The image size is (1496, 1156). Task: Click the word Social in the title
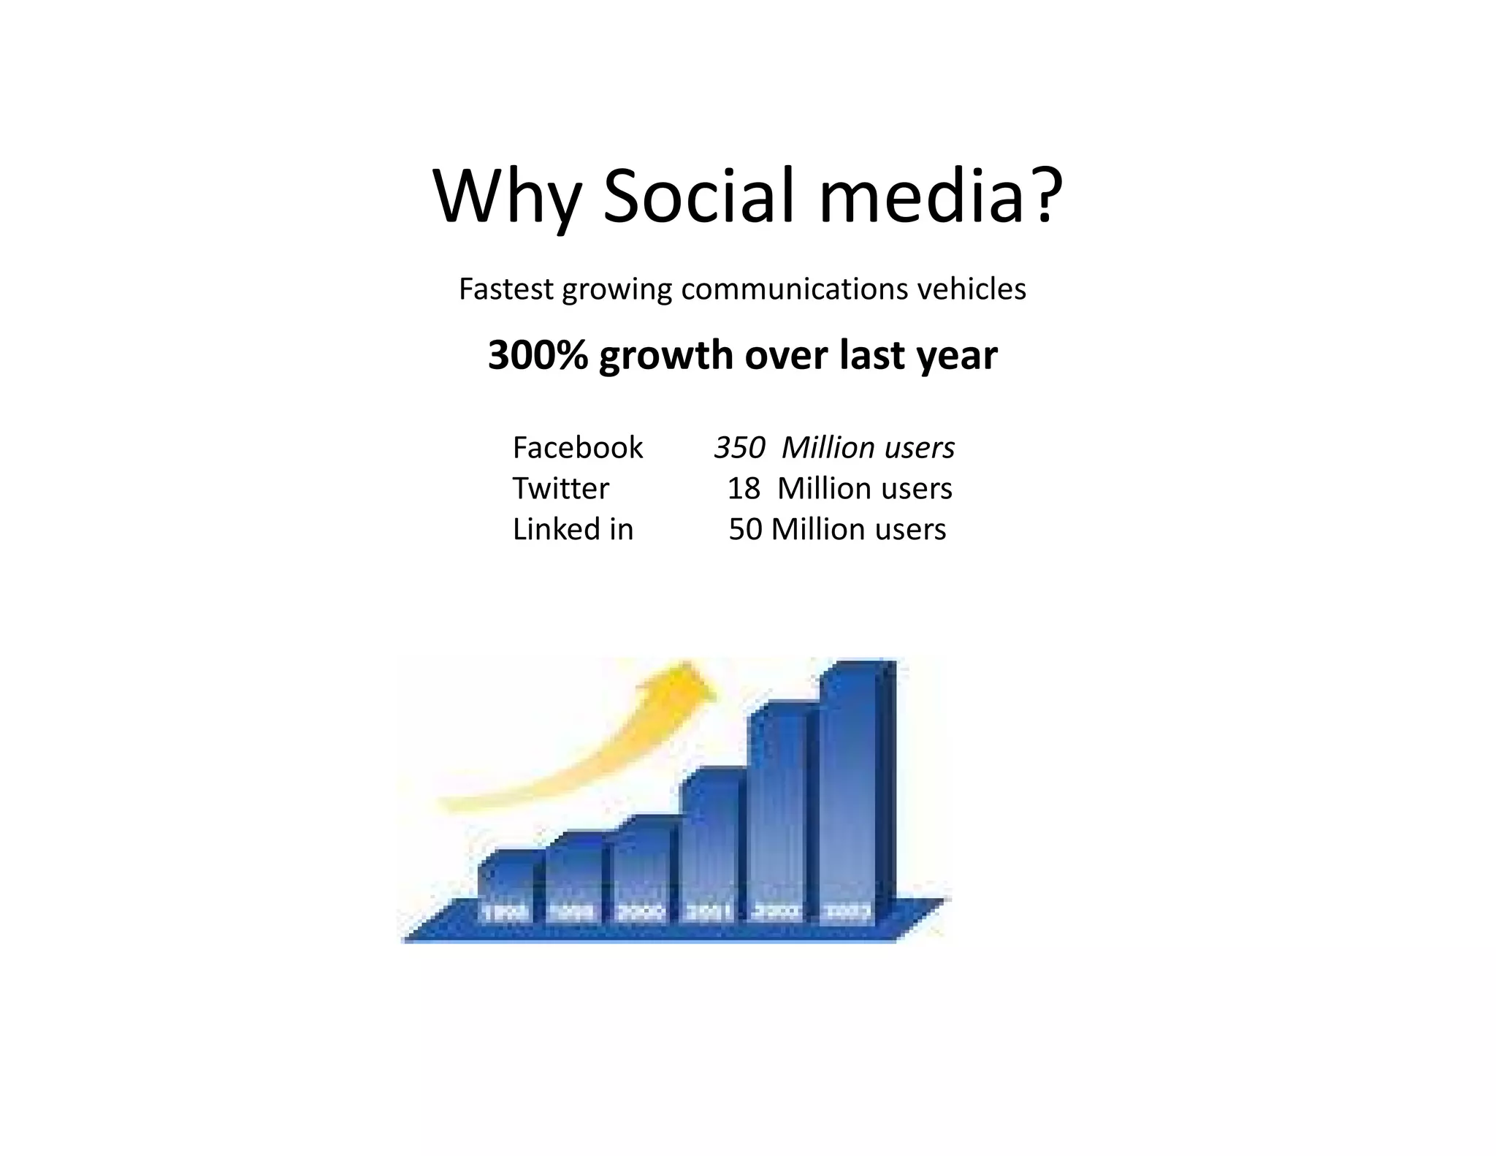coord(698,197)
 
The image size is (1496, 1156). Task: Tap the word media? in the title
coord(940,197)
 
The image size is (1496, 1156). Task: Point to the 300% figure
coord(538,355)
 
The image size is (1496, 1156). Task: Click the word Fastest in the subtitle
coord(505,289)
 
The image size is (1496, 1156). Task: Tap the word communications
coord(794,289)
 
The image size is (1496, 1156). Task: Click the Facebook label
coord(577,447)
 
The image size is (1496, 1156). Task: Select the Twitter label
coord(560,488)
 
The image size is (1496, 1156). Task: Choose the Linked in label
coord(573,529)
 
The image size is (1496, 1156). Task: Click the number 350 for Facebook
coord(739,447)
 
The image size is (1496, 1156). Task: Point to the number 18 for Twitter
coord(744,488)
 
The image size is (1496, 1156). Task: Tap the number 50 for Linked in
coord(745,529)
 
